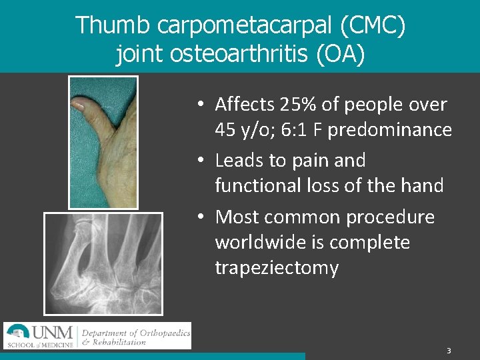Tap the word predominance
point(408,130)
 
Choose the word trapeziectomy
point(277,268)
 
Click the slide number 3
point(449,351)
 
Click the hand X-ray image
point(103,263)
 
